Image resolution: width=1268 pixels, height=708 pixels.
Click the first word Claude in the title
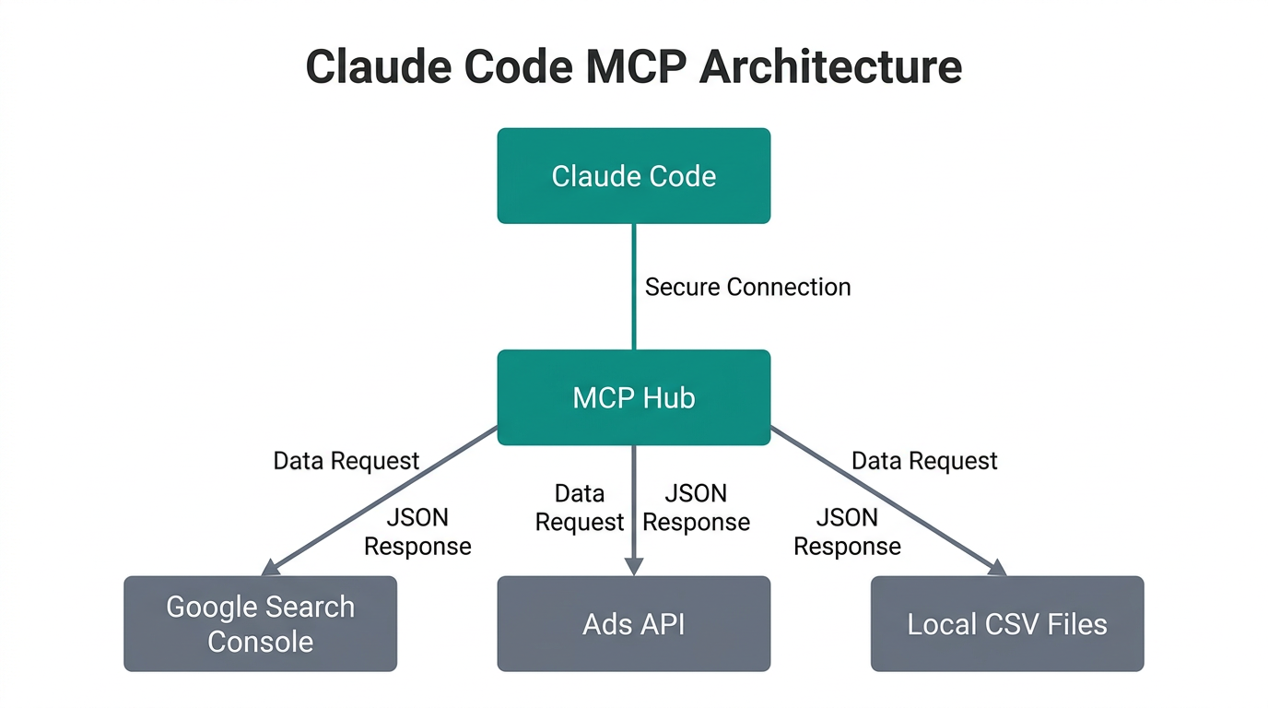pyautogui.click(x=385, y=67)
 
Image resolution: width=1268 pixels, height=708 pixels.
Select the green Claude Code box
pyautogui.click(x=633, y=176)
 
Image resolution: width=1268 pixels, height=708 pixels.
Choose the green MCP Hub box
pyautogui.click(x=633, y=397)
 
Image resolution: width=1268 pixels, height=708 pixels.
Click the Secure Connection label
pyautogui.click(x=747, y=287)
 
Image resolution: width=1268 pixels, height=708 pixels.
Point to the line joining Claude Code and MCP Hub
pyautogui.click(x=634, y=286)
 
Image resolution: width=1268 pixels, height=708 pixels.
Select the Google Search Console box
pyautogui.click(x=260, y=624)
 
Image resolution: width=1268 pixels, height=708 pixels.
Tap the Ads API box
pyautogui.click(x=633, y=624)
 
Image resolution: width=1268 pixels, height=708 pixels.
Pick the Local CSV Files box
pyautogui.click(x=1006, y=624)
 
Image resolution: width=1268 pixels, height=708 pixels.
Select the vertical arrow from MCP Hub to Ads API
pyautogui.click(x=634, y=507)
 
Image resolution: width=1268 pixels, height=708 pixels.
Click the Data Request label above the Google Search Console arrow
pyautogui.click(x=346, y=461)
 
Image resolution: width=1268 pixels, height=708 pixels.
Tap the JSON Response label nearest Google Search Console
pyautogui.click(x=417, y=532)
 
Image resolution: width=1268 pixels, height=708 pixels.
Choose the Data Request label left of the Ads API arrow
pyautogui.click(x=580, y=508)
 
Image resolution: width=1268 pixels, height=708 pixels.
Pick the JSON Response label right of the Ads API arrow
pyautogui.click(x=696, y=508)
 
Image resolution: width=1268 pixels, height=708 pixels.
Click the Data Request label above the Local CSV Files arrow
pyautogui.click(x=924, y=461)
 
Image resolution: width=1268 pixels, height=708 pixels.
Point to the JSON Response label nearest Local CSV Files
pyautogui.click(x=847, y=532)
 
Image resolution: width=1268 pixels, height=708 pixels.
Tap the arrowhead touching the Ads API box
pyautogui.click(x=634, y=567)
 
